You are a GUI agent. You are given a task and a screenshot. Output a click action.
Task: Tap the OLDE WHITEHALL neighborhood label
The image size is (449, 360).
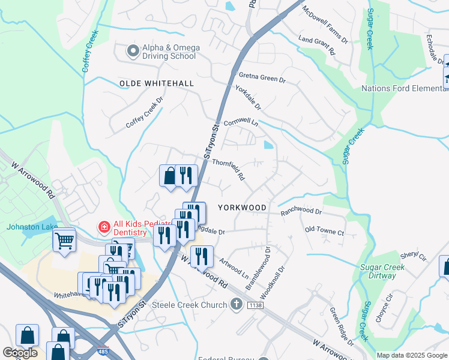click(x=157, y=83)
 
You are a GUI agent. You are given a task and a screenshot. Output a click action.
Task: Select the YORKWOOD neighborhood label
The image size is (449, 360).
click(x=242, y=207)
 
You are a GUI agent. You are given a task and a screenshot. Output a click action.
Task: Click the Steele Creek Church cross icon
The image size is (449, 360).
click(x=237, y=305)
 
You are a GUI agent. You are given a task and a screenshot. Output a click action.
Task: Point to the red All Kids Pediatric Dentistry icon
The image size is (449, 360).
click(x=104, y=227)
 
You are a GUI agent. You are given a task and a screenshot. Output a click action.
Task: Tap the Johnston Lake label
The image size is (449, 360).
click(x=32, y=227)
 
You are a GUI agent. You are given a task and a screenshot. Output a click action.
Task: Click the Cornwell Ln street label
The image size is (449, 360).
click(x=240, y=122)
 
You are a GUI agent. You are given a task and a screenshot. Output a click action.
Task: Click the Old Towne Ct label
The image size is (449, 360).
click(x=324, y=230)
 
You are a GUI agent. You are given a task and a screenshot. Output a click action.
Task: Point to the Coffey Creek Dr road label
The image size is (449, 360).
click(x=145, y=113)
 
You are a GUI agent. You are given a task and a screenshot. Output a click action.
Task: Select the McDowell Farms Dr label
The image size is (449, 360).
click(x=325, y=25)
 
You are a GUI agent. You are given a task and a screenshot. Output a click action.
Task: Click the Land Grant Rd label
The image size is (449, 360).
click(x=316, y=46)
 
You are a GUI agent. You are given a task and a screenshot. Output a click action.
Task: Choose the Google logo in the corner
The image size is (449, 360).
click(x=20, y=353)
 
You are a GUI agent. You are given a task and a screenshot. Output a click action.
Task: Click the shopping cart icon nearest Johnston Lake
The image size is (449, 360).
click(x=64, y=241)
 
